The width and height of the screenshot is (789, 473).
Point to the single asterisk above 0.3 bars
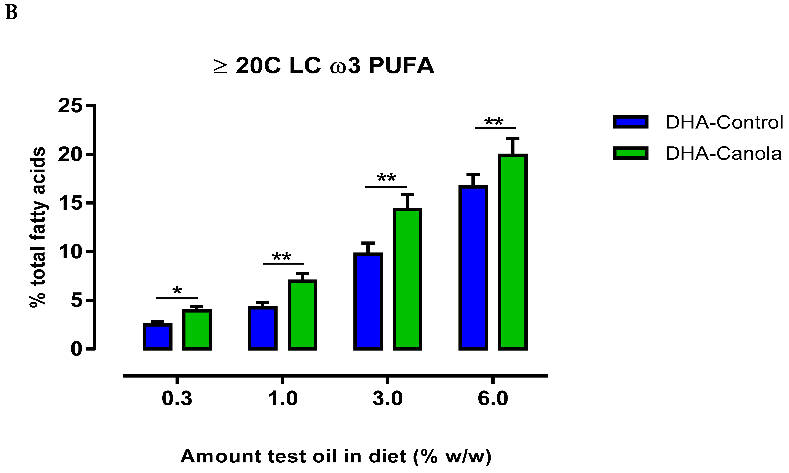click(x=177, y=291)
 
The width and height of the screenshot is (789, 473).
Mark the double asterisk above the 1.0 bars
click(x=282, y=257)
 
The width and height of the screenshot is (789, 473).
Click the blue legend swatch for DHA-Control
click(x=631, y=122)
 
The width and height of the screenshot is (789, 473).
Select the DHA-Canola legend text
click(x=723, y=154)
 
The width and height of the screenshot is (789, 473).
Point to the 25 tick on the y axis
click(x=91, y=105)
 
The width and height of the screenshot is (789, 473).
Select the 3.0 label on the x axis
click(x=388, y=398)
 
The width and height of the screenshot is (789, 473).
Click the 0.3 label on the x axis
click(x=177, y=398)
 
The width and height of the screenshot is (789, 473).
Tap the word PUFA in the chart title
click(x=401, y=66)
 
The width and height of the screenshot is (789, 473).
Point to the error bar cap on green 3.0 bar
click(x=407, y=194)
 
